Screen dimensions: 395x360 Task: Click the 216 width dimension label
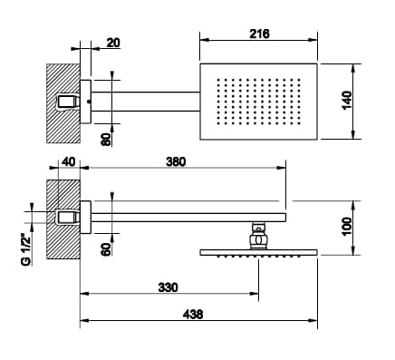click(x=259, y=34)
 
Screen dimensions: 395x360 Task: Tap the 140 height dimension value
click(x=347, y=100)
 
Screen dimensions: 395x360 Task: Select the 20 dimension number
click(x=113, y=43)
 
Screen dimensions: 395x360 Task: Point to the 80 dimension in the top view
click(x=106, y=140)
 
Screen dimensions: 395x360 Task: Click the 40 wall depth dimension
click(x=68, y=161)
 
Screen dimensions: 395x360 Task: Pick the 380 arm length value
click(x=176, y=161)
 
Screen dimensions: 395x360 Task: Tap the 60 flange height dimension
click(x=106, y=249)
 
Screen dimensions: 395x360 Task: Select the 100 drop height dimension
click(x=347, y=226)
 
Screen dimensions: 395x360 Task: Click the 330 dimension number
click(x=169, y=287)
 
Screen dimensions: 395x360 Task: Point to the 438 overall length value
click(x=193, y=315)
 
